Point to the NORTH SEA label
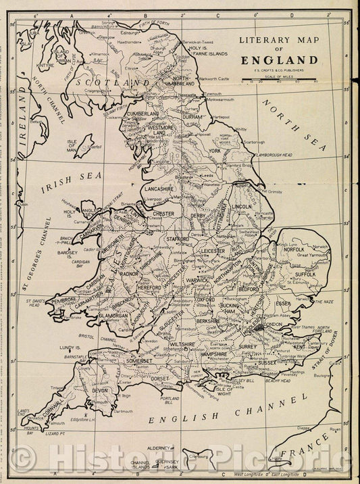click(296, 126)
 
